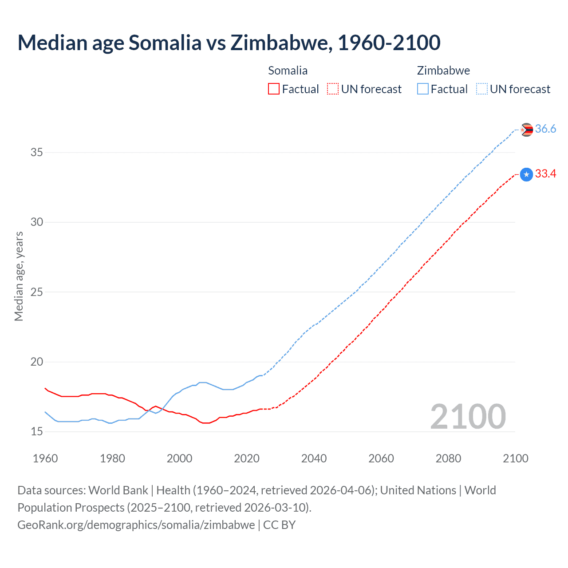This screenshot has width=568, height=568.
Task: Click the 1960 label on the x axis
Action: click(x=45, y=458)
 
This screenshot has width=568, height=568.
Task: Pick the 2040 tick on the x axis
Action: click(x=314, y=458)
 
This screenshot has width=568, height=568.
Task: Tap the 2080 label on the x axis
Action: click(x=448, y=458)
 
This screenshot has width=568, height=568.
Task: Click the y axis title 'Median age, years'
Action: click(x=19, y=276)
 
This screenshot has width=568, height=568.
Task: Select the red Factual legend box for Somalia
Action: click(x=274, y=89)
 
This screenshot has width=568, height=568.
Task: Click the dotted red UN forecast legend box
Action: click(x=333, y=89)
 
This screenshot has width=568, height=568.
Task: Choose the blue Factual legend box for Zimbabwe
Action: click(x=422, y=89)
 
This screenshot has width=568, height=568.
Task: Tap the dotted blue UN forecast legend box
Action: click(x=481, y=89)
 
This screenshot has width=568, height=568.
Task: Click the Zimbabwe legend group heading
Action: click(x=443, y=71)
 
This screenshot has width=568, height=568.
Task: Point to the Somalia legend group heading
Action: click(x=288, y=71)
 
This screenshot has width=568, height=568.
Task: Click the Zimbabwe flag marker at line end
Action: click(x=526, y=130)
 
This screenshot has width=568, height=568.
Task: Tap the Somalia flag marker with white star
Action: click(x=526, y=174)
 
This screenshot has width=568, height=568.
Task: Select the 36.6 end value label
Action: click(x=545, y=129)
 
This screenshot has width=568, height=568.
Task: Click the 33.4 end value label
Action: click(x=545, y=174)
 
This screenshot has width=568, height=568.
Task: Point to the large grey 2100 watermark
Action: click(x=468, y=416)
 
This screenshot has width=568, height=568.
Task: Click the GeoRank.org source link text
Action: click(x=136, y=525)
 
